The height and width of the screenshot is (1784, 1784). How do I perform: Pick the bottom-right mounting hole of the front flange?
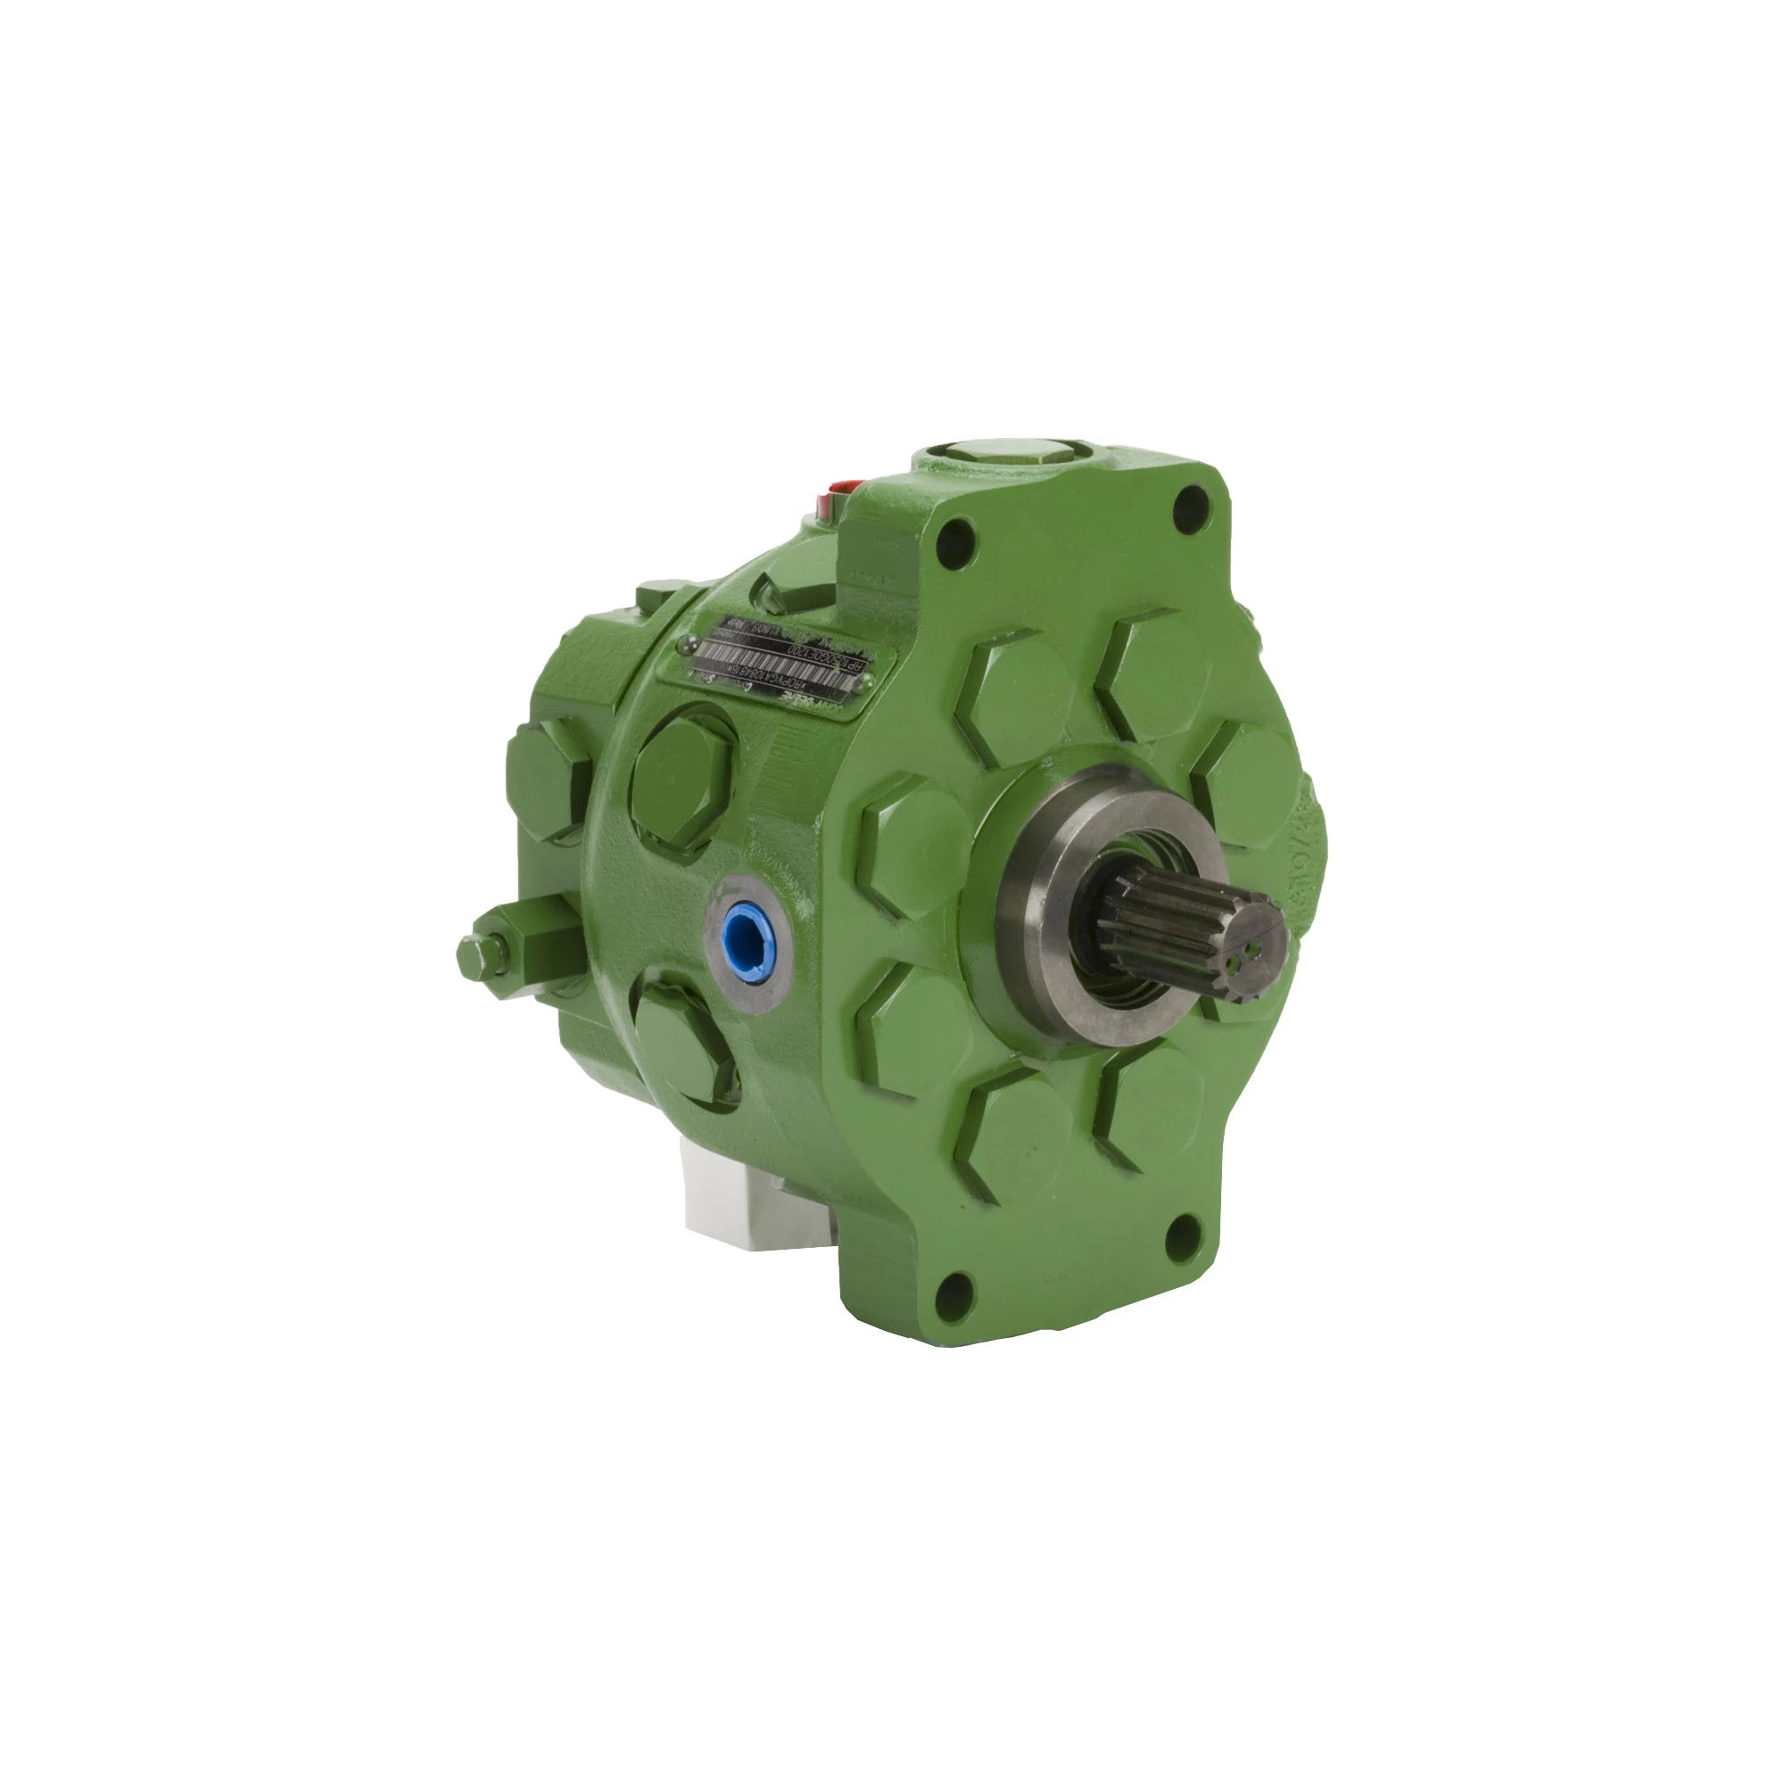(x=1184, y=1237)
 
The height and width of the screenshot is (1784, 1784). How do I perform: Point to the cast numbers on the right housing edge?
(x=1304, y=859)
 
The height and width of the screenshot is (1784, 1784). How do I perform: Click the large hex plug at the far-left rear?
(x=547, y=779)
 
